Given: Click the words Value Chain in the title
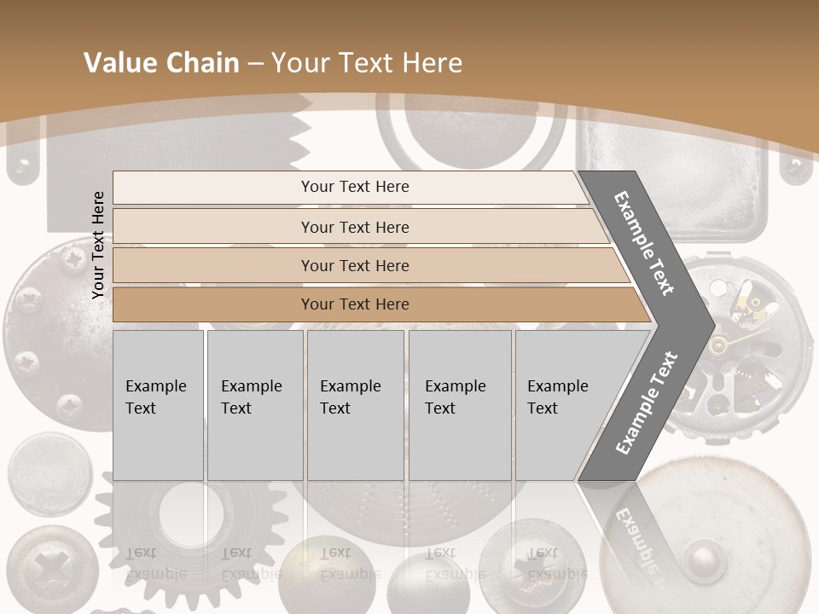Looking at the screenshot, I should (x=161, y=63).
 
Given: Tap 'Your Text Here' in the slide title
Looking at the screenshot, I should (x=367, y=63).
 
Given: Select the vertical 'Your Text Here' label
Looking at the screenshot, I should (x=98, y=245).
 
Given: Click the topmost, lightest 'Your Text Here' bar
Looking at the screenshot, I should (x=354, y=187).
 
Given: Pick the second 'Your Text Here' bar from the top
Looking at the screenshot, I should (x=354, y=227).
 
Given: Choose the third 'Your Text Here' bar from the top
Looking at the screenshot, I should (x=354, y=265).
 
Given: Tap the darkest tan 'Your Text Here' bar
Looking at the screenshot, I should (x=354, y=304).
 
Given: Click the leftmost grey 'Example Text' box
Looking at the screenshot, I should (x=158, y=405).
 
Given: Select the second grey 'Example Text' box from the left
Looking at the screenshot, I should (x=254, y=405).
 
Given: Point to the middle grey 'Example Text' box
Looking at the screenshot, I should (x=355, y=405).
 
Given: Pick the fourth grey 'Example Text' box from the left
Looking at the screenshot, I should (x=459, y=405).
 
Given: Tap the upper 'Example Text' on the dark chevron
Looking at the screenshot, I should (x=644, y=243).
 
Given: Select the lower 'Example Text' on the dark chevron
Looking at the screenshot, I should (x=646, y=403).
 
